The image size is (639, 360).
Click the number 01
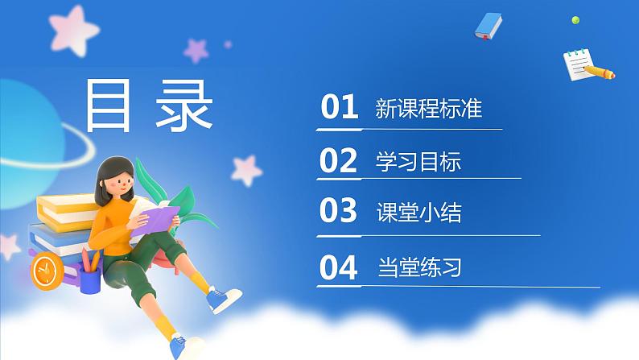click(339, 107)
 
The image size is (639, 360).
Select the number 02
click(338, 161)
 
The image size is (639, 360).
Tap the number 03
click(338, 211)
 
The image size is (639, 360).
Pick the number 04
click(338, 267)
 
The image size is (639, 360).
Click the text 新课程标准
click(428, 108)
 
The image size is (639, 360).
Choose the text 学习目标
click(418, 162)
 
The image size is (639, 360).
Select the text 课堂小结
click(418, 213)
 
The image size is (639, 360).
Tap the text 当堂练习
click(418, 267)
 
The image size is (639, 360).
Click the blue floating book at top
click(488, 25)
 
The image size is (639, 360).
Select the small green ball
click(575, 19)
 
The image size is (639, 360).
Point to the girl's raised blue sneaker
click(222, 300)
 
